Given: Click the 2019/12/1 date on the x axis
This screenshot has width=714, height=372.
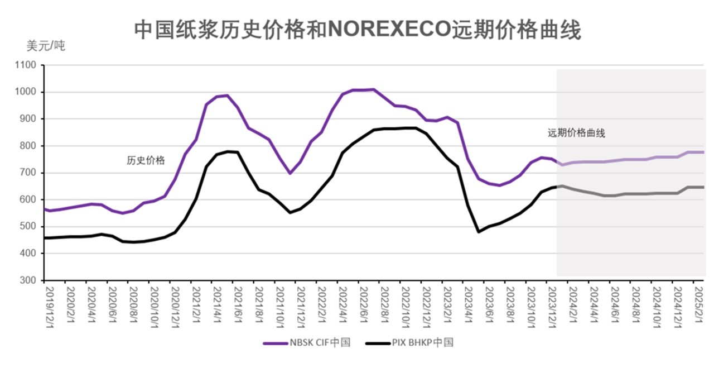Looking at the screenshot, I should point(48,304).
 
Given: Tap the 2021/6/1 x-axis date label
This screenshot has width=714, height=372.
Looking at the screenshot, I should point(237,304).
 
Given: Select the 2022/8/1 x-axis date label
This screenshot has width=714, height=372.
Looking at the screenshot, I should point(383,304).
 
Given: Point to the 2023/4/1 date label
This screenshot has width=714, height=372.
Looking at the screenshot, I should point(467,304).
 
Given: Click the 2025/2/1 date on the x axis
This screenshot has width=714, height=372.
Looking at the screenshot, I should point(697,304).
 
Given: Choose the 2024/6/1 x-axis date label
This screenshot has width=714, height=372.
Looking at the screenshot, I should point(614,304).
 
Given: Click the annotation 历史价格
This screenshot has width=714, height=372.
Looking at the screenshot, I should point(146,161).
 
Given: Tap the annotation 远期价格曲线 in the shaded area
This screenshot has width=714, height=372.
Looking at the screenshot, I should point(576,133).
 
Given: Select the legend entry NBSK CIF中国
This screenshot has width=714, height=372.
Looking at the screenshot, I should point(306,343).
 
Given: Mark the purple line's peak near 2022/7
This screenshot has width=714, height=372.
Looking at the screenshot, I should point(373,89).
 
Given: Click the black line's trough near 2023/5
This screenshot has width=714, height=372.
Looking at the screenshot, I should point(479,232).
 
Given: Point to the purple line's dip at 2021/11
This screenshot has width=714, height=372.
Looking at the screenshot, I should point(290,173).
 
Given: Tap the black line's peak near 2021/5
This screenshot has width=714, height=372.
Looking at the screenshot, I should point(228,151).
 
